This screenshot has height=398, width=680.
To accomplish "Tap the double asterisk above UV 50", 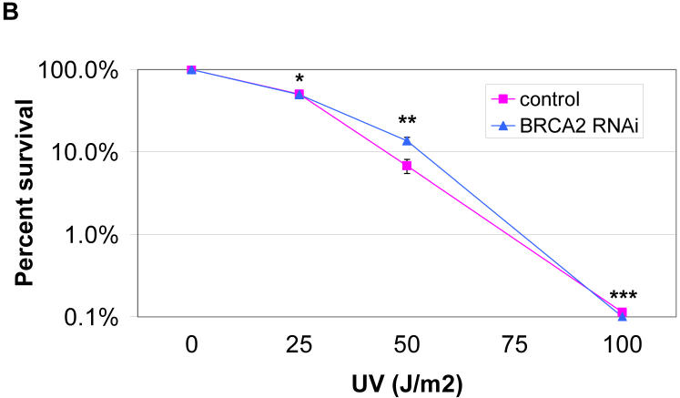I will coord(407,122).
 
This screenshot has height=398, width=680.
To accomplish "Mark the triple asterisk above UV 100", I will coord(623,297).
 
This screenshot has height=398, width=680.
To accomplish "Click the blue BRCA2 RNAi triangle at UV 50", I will coord(407,140).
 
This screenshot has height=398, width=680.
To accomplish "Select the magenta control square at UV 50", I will coord(407,166).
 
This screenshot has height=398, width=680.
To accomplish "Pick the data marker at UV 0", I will coord(191,69).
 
